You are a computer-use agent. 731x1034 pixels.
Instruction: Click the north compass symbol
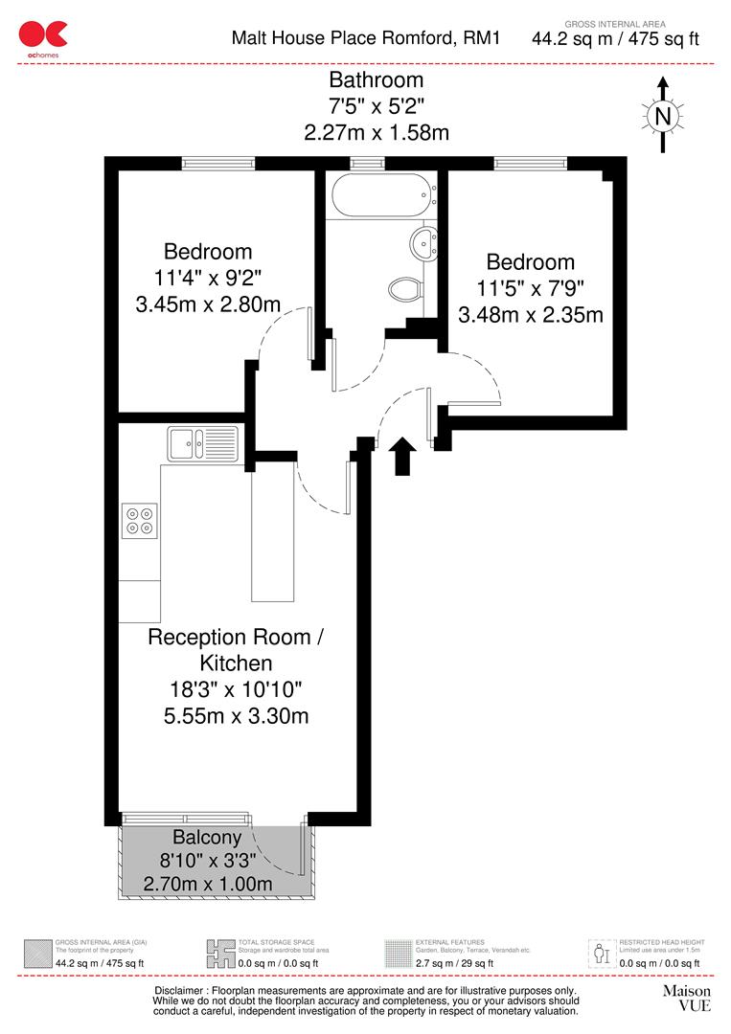(661, 115)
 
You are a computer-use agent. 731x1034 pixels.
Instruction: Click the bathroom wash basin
(423, 243)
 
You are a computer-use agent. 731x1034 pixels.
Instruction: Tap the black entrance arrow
(403, 457)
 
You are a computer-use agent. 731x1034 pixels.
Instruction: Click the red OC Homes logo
(44, 35)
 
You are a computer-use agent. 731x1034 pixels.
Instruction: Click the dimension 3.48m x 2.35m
(531, 314)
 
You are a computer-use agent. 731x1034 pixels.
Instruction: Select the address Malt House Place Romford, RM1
(367, 38)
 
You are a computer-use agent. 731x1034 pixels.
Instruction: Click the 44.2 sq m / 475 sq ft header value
(616, 39)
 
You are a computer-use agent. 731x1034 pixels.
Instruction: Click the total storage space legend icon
(219, 953)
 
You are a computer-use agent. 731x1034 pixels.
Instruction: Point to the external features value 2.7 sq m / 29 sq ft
(454, 963)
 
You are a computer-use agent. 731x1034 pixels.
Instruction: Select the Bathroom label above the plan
(376, 80)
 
